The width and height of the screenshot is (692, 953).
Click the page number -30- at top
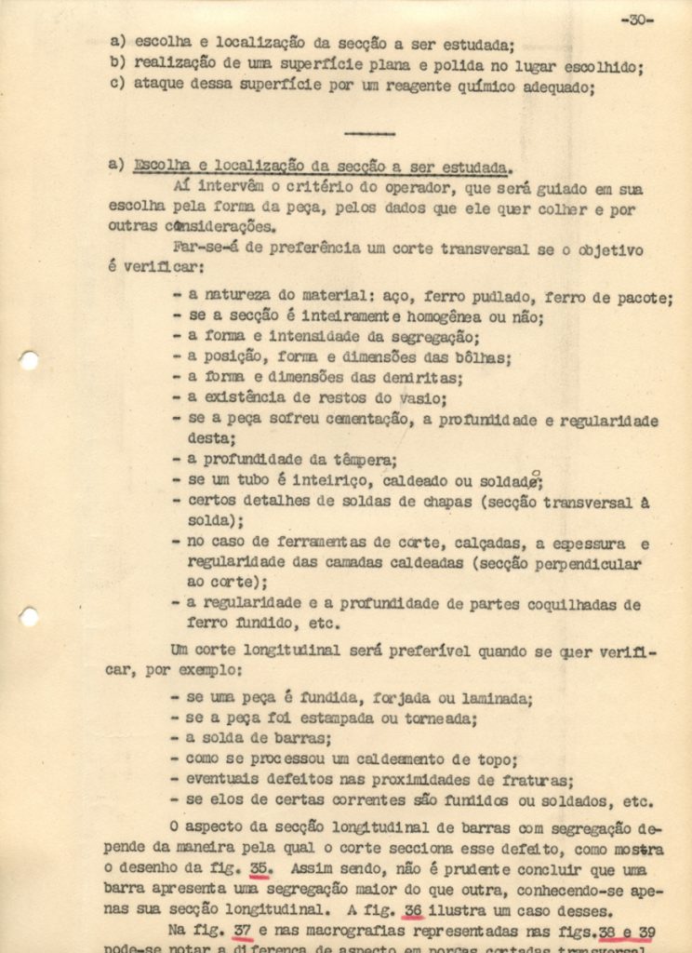[x=636, y=20]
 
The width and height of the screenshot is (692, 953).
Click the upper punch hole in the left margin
[x=29, y=360]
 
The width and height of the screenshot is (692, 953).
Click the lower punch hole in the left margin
[x=29, y=616]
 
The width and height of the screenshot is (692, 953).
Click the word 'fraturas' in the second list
[x=539, y=780]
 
